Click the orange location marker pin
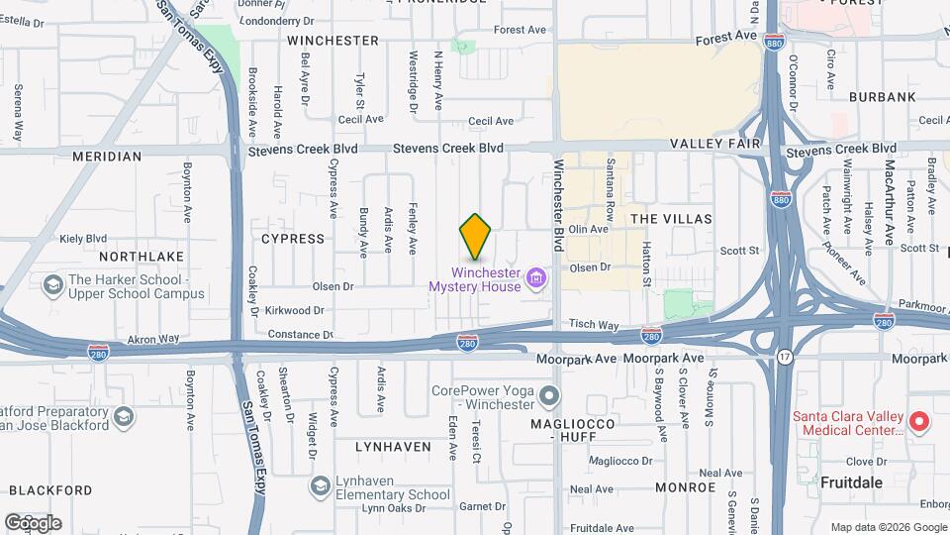pos(475,236)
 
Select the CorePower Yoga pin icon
pos(550,397)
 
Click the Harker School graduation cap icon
pos(52,286)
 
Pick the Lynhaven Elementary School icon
pos(320,485)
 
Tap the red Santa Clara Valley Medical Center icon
pos(918,423)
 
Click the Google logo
pos(33,522)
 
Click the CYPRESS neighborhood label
pos(293,239)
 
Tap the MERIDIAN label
pos(107,157)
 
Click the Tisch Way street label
pos(594,325)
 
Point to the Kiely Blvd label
pos(83,239)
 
